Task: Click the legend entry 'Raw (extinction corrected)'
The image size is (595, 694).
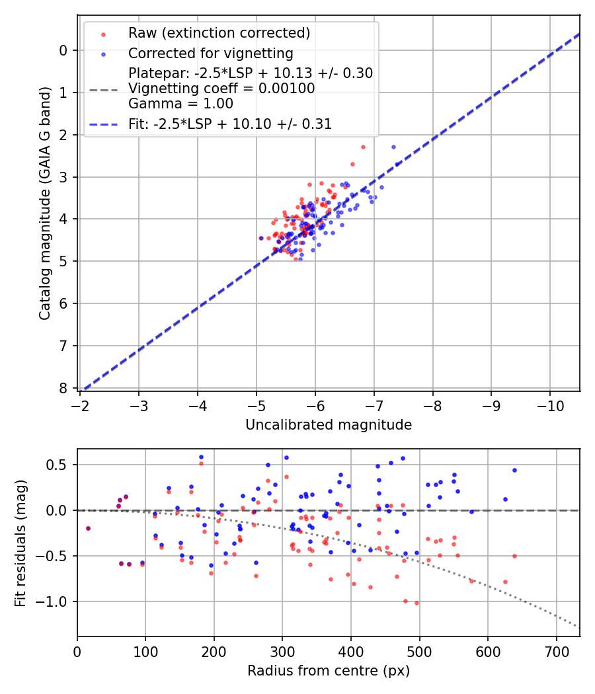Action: pos(219,33)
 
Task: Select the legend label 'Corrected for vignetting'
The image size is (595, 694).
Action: pos(211,53)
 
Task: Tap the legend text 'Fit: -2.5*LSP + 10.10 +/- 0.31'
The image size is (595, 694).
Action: pos(230,124)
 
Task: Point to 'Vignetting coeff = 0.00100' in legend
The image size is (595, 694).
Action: pos(221,89)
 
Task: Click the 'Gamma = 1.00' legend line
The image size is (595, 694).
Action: pos(180,104)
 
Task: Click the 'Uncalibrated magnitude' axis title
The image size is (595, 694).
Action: pos(329,425)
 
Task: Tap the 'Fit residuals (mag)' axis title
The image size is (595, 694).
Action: pos(20,542)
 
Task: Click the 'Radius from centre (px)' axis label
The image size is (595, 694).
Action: pos(329,671)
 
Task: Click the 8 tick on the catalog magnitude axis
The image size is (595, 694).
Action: pos(63,388)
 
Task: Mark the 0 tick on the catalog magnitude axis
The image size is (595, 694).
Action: pos(63,50)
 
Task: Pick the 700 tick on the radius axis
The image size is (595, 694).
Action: pos(556,650)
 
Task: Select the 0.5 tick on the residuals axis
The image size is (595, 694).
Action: pos(59,465)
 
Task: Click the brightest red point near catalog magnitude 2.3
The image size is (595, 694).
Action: pos(363,147)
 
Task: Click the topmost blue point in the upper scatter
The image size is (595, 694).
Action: pos(393,147)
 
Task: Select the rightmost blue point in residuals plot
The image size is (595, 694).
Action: pos(514,470)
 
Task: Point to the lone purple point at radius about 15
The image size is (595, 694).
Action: pos(88,528)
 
